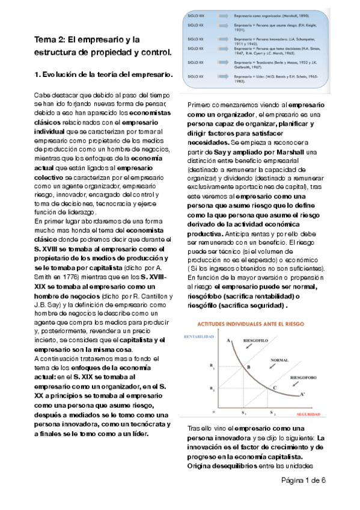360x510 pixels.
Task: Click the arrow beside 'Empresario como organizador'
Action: click(x=219, y=15)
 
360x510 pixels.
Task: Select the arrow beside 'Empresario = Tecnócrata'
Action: click(x=219, y=62)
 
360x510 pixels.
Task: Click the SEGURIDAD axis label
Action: click(x=308, y=414)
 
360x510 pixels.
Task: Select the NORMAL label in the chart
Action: click(x=280, y=360)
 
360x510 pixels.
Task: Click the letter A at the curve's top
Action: click(x=228, y=341)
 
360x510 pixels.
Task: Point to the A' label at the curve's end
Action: click(x=302, y=395)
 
